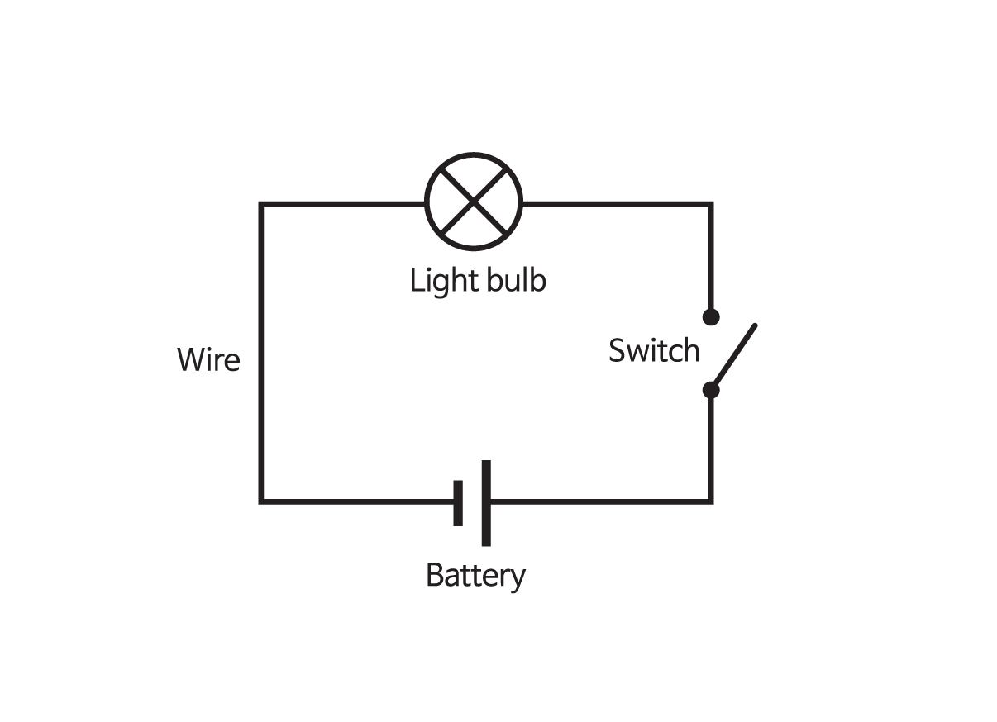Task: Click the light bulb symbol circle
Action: click(x=475, y=202)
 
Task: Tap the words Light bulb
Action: click(x=478, y=281)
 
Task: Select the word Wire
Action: click(x=208, y=360)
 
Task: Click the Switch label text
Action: click(x=653, y=351)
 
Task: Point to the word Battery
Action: click(x=475, y=576)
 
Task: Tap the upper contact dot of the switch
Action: click(x=711, y=316)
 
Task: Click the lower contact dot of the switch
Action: click(x=711, y=389)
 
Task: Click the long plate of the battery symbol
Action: click(x=486, y=502)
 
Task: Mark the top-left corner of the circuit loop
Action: click(x=261, y=203)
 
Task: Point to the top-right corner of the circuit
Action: click(x=711, y=203)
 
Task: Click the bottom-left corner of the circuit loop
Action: click(x=261, y=501)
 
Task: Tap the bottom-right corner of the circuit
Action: click(x=711, y=501)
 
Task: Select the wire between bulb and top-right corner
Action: click(x=616, y=203)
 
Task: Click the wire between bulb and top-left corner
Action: click(x=343, y=203)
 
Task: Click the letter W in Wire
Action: click(x=190, y=360)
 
